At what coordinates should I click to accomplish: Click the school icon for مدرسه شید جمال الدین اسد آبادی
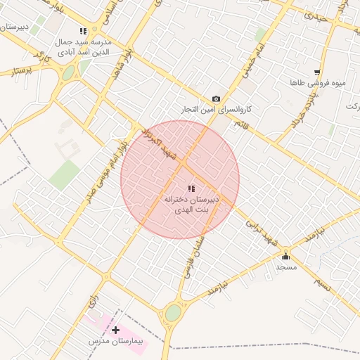(x=83, y=31)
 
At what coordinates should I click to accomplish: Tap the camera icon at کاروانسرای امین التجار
(x=216, y=99)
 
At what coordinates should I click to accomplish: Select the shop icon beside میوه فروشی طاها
(x=318, y=72)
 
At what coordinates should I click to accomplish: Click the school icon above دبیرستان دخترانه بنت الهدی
(x=191, y=188)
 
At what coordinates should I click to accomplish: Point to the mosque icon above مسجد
(x=285, y=256)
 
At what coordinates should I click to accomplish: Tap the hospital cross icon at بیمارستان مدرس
(x=115, y=329)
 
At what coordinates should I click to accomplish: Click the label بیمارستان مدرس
(x=115, y=341)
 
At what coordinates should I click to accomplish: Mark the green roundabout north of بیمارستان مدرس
(x=173, y=313)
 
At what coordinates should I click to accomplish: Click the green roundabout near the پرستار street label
(x=68, y=73)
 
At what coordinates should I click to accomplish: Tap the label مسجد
(x=286, y=268)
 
